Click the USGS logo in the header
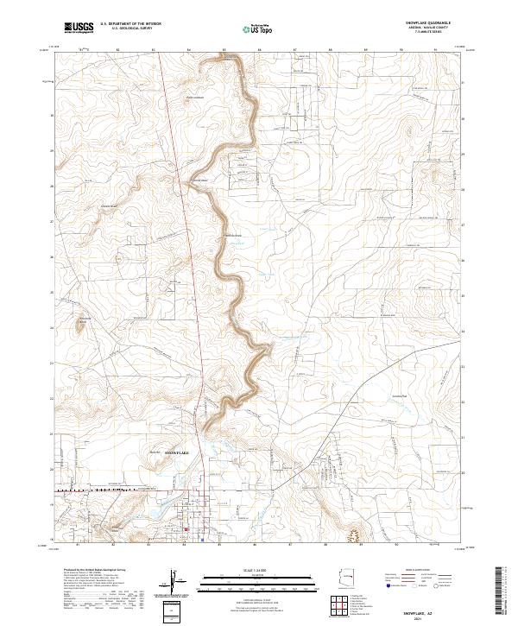pyautogui.click(x=79, y=28)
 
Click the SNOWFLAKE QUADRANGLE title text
pyautogui.click(x=420, y=23)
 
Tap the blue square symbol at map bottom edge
pyautogui.click(x=203, y=541)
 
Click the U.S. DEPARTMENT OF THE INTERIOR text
pyautogui.click(x=130, y=24)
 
